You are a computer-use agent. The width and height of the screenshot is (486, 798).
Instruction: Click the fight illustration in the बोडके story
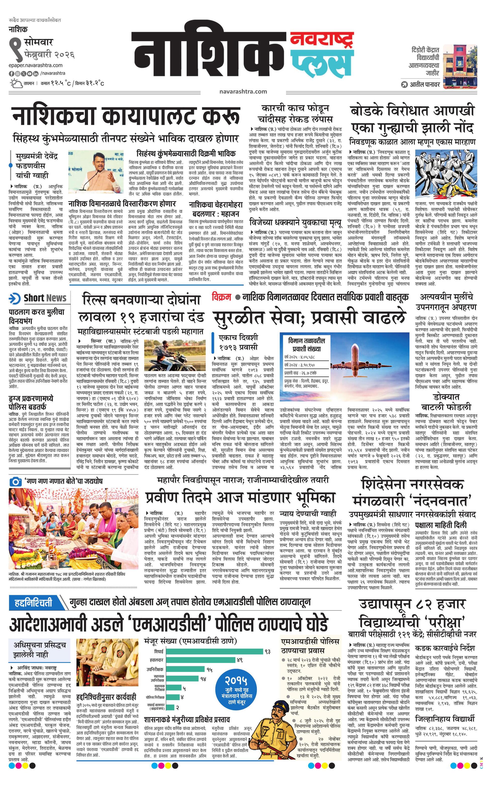click(446, 175)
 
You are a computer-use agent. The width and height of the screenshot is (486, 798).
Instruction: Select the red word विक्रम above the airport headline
click(222, 297)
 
